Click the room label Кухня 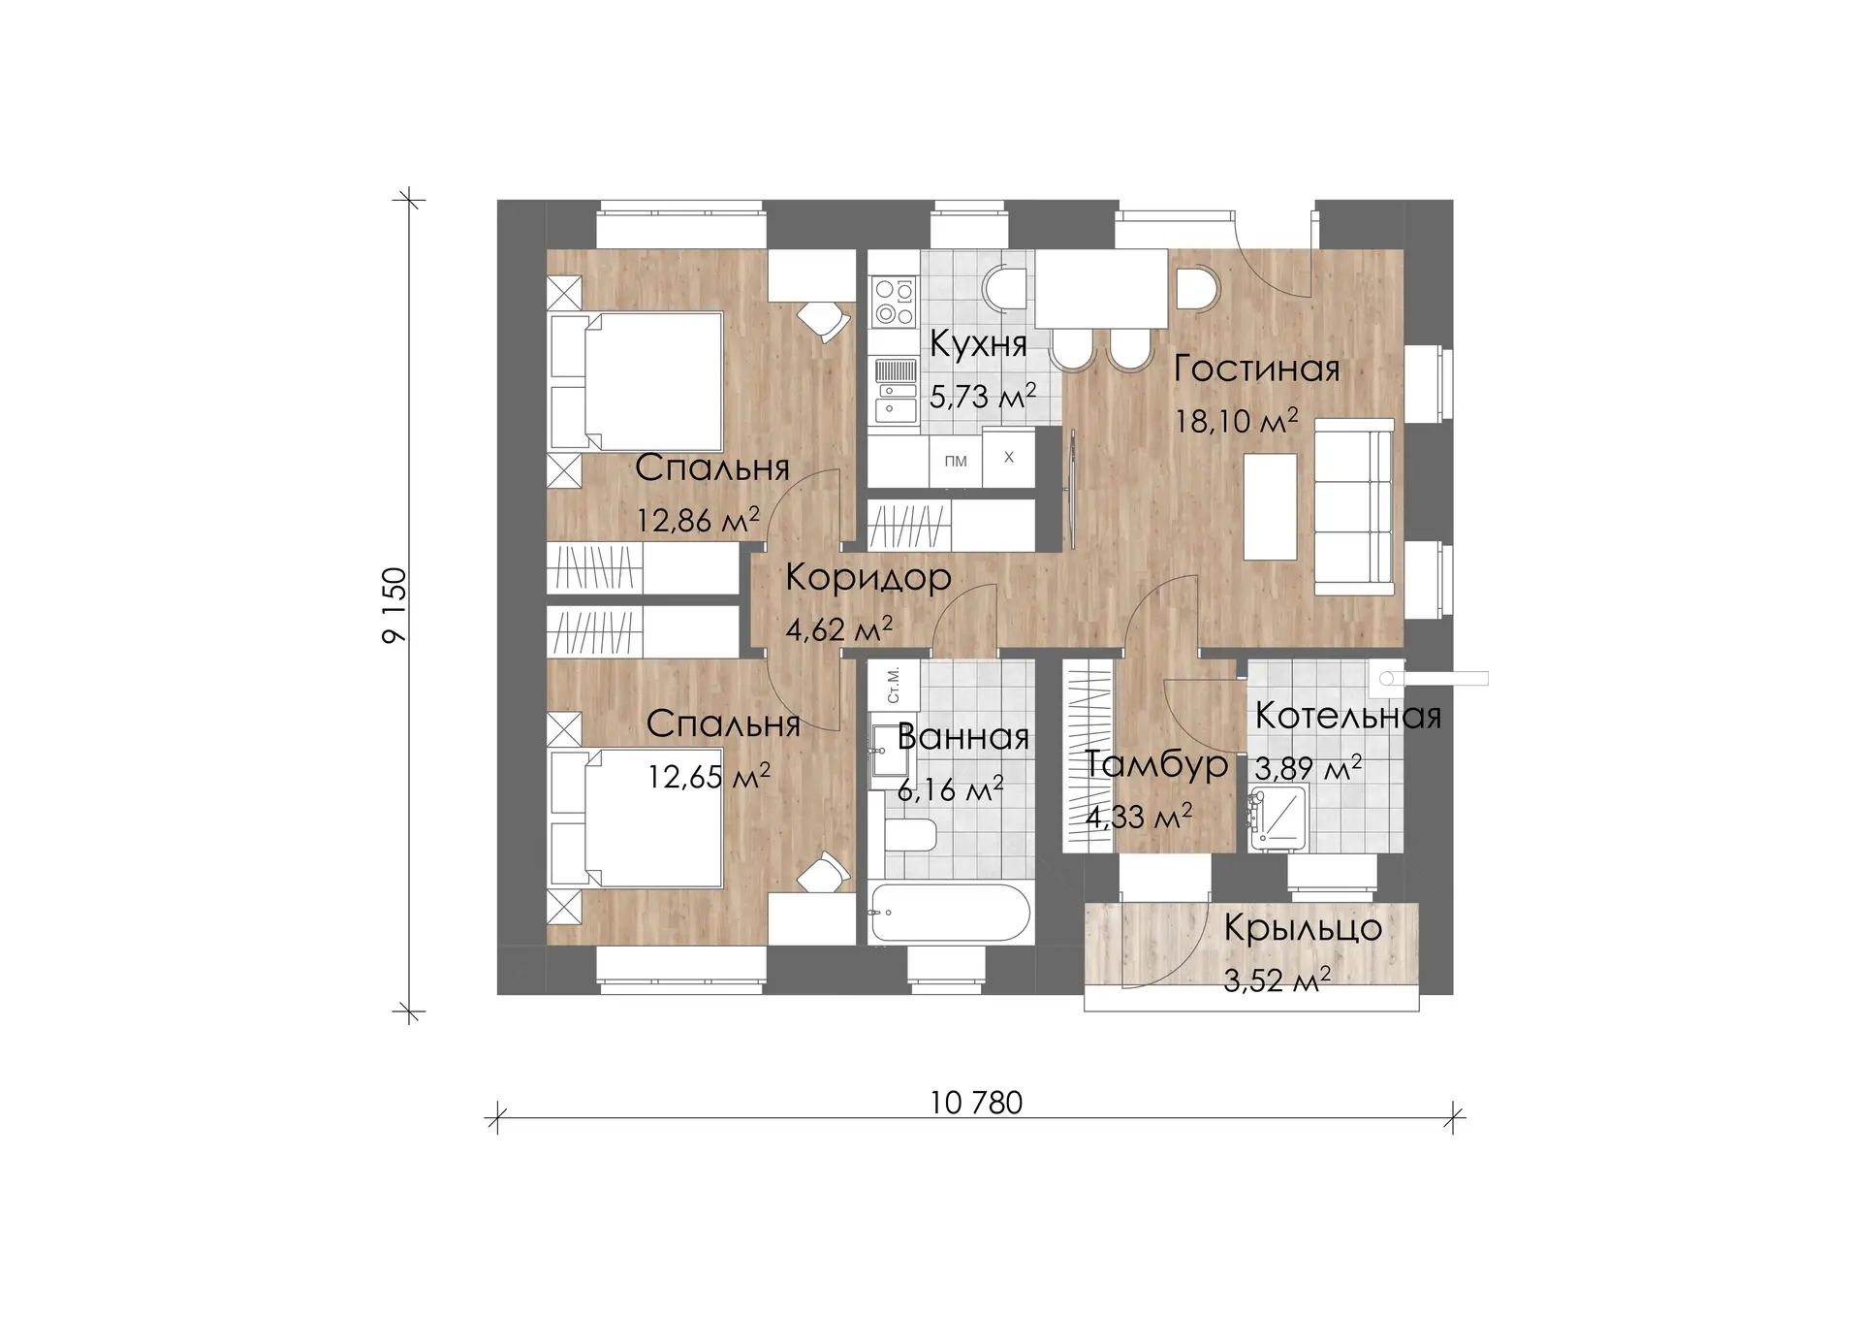coord(978,344)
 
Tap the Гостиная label coord(1257,369)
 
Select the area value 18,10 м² coord(1237,421)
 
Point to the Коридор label coord(868,578)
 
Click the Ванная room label coord(963,737)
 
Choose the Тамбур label coord(1156,764)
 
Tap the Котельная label coord(1348,716)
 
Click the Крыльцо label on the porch coord(1303,928)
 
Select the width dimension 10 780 coord(976,1103)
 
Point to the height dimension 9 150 coord(394,605)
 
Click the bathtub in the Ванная coord(951,913)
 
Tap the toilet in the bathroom coord(910,836)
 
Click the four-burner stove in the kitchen coord(894,301)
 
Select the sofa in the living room coord(1354,507)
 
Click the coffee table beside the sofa coord(1270,507)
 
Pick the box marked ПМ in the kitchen coord(956,461)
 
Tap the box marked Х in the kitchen coord(1009,457)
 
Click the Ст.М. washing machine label coord(894,685)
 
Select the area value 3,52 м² coord(1277,980)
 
